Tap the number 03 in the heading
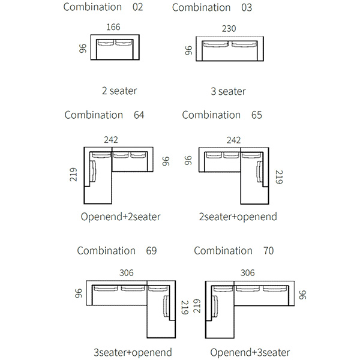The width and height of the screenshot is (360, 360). click(x=246, y=8)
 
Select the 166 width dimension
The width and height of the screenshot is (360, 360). click(x=113, y=27)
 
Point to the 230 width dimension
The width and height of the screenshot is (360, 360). click(x=229, y=28)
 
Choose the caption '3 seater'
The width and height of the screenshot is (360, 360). click(x=228, y=91)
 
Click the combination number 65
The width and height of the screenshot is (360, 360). click(x=256, y=115)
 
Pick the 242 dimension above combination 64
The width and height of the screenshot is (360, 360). click(x=110, y=140)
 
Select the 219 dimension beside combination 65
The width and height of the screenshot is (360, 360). click(x=278, y=178)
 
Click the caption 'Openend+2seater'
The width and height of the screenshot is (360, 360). click(x=121, y=217)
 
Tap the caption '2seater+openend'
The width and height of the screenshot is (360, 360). click(x=238, y=217)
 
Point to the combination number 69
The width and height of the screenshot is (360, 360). click(x=151, y=251)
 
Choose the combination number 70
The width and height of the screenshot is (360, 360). click(x=268, y=251)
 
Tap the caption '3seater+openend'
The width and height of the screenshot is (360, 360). click(x=133, y=352)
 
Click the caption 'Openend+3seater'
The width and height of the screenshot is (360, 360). click(x=250, y=352)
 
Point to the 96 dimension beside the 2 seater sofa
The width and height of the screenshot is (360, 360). click(x=83, y=48)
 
